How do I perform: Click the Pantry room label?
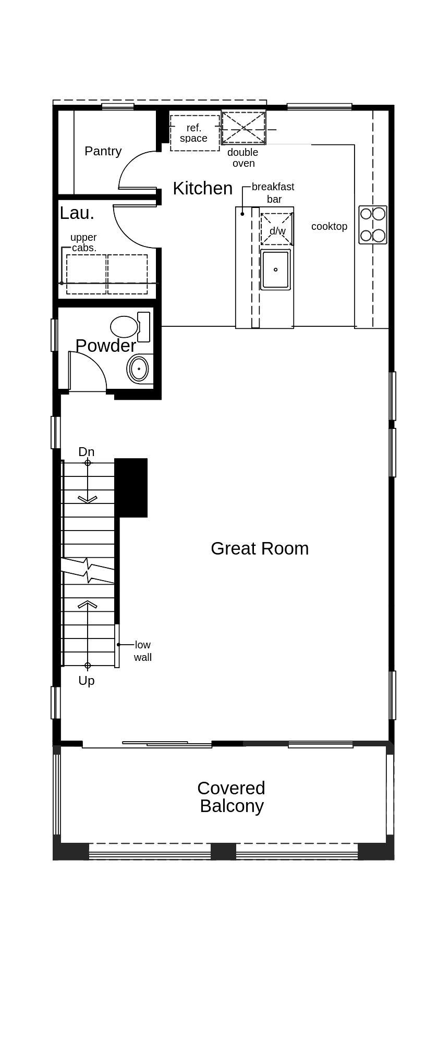tap(103, 151)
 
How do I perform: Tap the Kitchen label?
tap(202, 188)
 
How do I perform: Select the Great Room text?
tap(260, 548)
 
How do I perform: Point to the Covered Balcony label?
tap(232, 797)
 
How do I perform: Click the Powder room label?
tap(105, 346)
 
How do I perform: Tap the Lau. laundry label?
tap(77, 213)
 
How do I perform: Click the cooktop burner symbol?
tap(373, 225)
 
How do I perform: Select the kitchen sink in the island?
tap(275, 269)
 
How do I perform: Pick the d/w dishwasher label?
tap(277, 231)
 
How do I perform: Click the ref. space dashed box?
tap(194, 133)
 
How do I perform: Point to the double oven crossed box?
tap(244, 128)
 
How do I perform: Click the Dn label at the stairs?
tap(87, 452)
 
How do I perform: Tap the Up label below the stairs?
tap(87, 680)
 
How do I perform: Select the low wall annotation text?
tap(142, 651)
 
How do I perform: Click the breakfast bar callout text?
tap(273, 192)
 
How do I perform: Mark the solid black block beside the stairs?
tap(131, 487)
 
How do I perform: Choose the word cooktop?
tap(329, 226)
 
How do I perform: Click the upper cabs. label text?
tap(83, 242)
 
